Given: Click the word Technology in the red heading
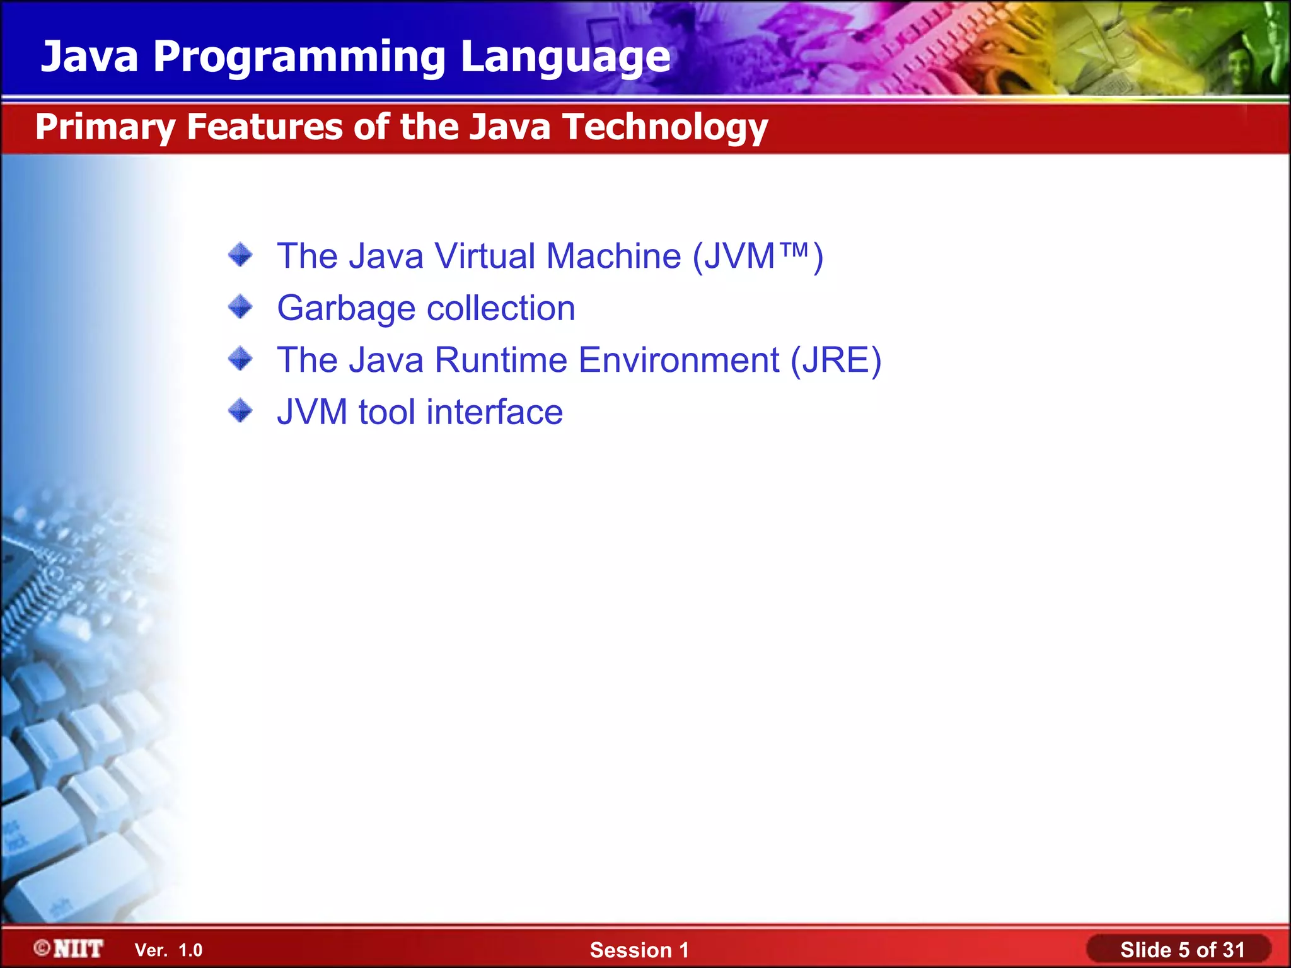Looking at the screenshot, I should (x=665, y=127).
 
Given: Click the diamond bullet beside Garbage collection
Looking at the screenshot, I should (x=240, y=308).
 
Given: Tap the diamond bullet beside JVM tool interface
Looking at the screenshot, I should (x=240, y=412).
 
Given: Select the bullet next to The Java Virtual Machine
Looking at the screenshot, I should (x=240, y=255).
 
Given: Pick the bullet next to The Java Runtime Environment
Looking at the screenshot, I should (x=240, y=359).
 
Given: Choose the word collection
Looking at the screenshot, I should (x=501, y=308).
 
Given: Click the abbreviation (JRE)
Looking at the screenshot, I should (x=836, y=360).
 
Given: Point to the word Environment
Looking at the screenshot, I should (x=679, y=360).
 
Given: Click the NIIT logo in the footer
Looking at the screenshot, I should (x=69, y=948).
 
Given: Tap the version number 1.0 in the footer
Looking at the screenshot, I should (x=190, y=950).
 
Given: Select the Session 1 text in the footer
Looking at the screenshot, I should (x=639, y=950).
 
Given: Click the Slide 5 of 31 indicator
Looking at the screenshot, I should (x=1182, y=950).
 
